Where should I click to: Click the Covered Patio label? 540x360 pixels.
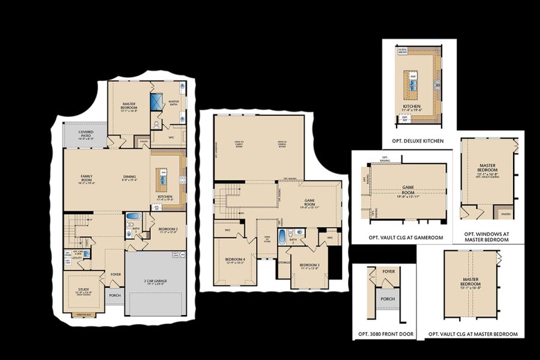(85, 134)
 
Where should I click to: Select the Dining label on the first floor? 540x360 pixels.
(130, 178)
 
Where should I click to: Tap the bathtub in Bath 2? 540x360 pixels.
(133, 217)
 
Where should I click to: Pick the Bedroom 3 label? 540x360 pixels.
(309, 266)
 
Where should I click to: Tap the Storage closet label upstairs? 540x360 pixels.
(284, 262)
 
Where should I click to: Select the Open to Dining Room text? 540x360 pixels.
(281, 144)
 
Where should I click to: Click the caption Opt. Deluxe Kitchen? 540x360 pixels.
(419, 141)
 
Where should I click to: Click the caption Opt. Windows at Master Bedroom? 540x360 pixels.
(486, 236)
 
